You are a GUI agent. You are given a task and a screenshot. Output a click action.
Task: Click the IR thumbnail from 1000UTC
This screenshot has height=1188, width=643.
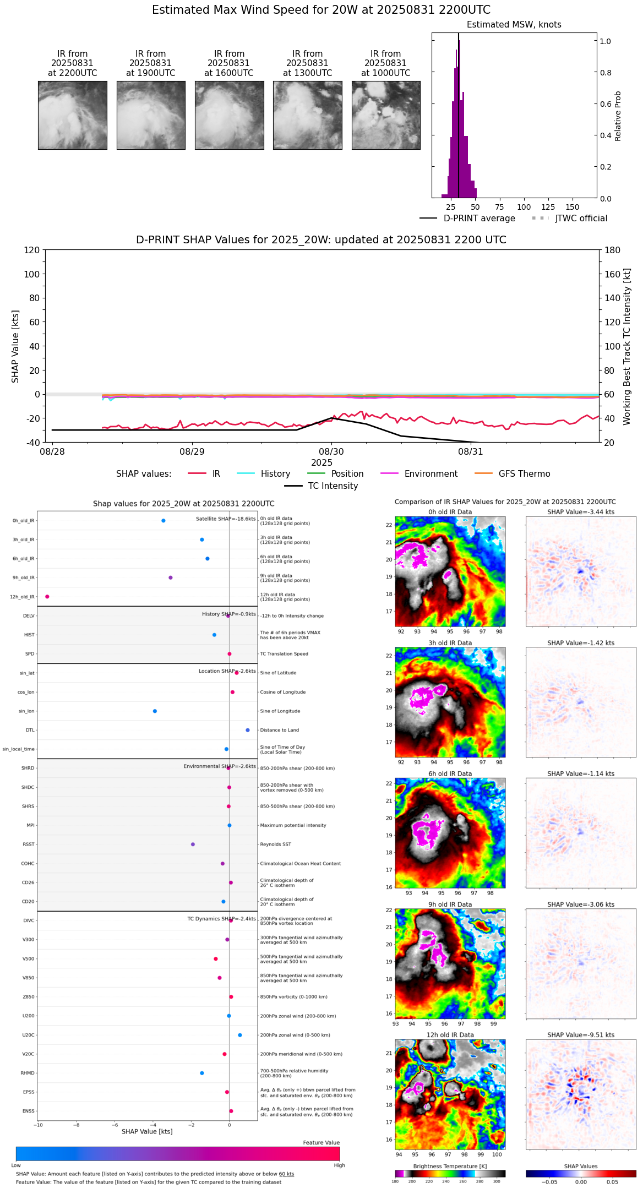tap(386, 115)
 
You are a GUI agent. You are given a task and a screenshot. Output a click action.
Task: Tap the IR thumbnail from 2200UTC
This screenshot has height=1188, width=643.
tap(73, 115)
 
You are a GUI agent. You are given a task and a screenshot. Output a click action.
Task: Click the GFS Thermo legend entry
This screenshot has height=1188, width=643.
tap(524, 474)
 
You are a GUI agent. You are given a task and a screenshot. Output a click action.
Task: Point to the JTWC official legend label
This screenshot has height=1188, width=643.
tap(581, 219)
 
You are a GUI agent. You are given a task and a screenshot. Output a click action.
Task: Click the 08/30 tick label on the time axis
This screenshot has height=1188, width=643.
tap(331, 452)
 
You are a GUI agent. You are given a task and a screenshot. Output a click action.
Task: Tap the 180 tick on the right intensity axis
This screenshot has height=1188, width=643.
tap(613, 250)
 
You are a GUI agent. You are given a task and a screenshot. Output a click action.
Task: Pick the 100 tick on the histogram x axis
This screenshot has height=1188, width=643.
tap(524, 208)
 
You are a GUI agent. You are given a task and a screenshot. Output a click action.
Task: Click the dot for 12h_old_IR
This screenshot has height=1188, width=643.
tap(47, 597)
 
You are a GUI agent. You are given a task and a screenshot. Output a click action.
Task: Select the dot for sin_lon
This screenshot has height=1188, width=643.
tap(155, 711)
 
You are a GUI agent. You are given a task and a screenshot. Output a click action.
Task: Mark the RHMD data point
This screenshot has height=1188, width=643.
tap(202, 1073)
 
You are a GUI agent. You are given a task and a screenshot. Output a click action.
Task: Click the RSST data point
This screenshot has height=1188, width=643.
tap(193, 844)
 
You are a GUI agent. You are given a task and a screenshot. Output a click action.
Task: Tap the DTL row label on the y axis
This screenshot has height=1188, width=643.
tap(30, 731)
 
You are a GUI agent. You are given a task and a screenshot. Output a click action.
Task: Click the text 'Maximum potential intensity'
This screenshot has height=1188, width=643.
tap(293, 826)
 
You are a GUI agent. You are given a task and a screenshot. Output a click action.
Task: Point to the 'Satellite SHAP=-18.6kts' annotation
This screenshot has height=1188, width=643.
tap(226, 519)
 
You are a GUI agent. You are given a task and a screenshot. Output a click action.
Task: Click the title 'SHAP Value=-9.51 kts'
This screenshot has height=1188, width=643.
tap(581, 1036)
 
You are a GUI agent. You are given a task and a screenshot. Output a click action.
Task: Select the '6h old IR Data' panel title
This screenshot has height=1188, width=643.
tap(450, 774)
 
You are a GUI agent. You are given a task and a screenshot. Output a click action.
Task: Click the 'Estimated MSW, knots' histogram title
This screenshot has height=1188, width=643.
tap(514, 25)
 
